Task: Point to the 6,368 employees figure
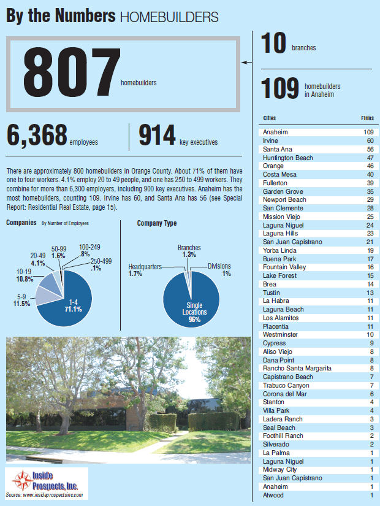(36, 136)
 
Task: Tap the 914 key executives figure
(158, 136)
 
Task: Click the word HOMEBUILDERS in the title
(169, 17)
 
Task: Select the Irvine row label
(270, 141)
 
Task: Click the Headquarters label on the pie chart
(145, 267)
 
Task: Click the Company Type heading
(157, 224)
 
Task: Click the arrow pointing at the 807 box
(246, 62)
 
